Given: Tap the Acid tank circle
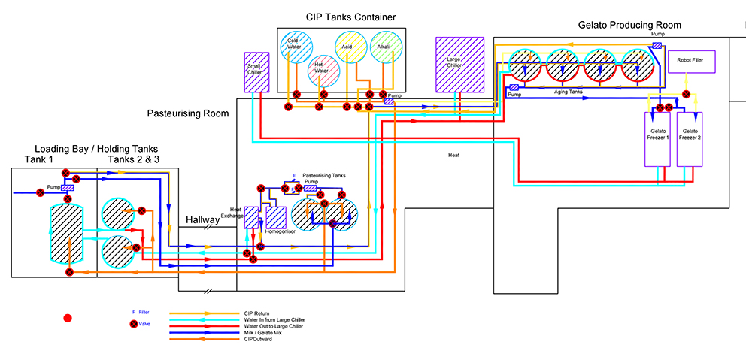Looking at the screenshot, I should click(348, 47).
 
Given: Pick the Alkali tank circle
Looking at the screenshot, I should click(384, 47).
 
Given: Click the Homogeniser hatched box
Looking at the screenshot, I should click(276, 217).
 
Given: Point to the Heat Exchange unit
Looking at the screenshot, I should click(251, 219).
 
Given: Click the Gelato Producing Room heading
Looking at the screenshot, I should click(629, 25).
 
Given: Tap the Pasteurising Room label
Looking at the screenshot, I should click(187, 113).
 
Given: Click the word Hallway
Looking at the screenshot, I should click(203, 220).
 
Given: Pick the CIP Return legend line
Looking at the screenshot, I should click(203, 313).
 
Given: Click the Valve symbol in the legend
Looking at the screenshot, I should click(134, 324).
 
